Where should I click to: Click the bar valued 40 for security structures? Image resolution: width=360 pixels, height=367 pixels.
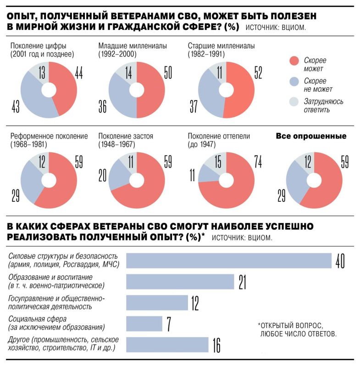click(x=228, y=260)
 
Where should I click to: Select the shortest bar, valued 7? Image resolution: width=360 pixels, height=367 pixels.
click(x=144, y=324)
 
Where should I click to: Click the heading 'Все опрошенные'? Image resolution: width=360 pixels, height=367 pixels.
click(x=310, y=136)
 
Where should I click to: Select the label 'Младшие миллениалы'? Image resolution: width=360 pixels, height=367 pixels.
click(x=132, y=46)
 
